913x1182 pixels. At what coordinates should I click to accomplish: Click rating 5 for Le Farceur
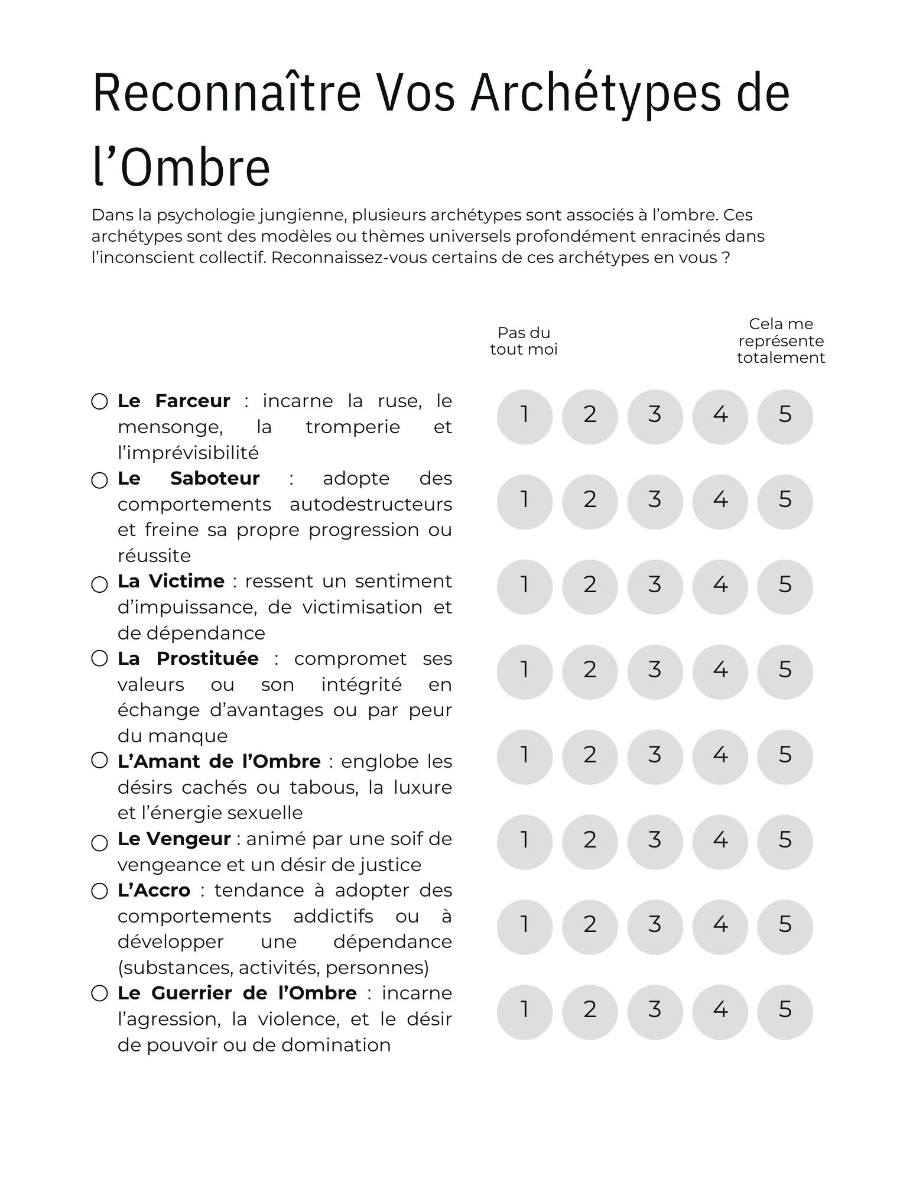coord(784,416)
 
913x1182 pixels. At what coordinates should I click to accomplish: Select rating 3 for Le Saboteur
coord(654,501)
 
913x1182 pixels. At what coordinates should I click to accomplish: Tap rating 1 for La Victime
coord(524,586)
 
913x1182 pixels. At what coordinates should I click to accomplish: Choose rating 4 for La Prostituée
coord(720,671)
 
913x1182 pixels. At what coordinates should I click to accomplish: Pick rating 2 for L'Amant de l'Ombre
coord(589,756)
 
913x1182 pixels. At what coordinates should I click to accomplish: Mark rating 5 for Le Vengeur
coord(784,842)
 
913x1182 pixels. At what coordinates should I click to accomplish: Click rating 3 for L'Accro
coord(654,927)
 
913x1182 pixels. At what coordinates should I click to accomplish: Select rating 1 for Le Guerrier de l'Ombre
coord(524,1012)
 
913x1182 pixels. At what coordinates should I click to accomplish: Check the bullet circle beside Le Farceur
coord(99,402)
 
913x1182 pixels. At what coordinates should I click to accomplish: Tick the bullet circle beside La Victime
coord(99,584)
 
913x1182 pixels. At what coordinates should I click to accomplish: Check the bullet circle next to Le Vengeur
coord(99,843)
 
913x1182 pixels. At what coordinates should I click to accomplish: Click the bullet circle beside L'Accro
coord(99,891)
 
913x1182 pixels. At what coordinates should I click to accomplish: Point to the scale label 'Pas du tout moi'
coord(524,341)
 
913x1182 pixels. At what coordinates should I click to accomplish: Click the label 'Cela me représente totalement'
coord(781,341)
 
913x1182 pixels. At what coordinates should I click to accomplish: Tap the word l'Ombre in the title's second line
coord(181,167)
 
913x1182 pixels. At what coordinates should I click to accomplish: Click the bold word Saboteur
coord(215,478)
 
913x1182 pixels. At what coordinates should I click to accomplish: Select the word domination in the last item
coord(336,1045)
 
